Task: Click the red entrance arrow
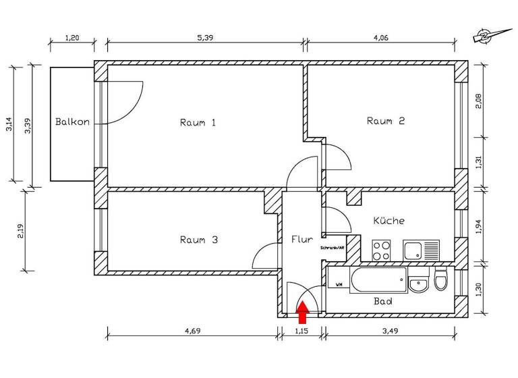coord(302,312)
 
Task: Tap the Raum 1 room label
coord(198,123)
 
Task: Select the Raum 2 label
coord(385,122)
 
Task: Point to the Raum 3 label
coord(198,240)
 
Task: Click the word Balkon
coord(72,123)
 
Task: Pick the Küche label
coord(388,221)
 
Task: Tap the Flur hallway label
coord(301,239)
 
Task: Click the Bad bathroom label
coord(383,302)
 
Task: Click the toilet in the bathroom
coord(440,278)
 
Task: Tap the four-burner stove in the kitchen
coord(381,250)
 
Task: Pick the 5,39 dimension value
coord(205,38)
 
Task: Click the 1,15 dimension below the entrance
coord(301,333)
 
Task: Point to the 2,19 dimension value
coord(21,231)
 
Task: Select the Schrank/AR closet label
coord(333,248)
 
